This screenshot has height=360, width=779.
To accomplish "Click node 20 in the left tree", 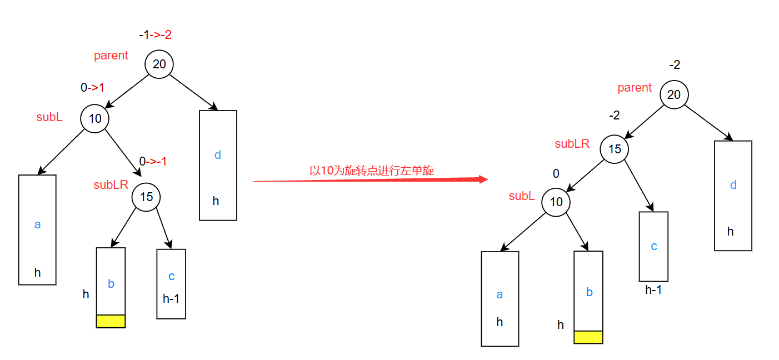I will pos(159,64).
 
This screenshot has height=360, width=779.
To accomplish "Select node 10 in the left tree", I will pos(95,118).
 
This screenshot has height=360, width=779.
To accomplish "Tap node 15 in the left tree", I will pos(146,197).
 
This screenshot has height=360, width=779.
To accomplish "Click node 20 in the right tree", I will pos(674,94).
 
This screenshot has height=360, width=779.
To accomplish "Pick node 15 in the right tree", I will pos(614,149).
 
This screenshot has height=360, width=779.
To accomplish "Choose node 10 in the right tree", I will pos(556,202).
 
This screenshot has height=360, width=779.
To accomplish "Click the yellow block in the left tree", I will pos(111,321).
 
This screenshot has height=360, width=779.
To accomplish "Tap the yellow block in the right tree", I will pos(588,337).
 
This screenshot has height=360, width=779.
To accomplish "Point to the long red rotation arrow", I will pos(370,180).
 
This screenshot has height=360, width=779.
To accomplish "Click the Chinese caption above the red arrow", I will pos(372,171).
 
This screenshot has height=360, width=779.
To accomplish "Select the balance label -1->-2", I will pos(155,35).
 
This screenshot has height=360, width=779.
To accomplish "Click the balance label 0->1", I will pos(92,87).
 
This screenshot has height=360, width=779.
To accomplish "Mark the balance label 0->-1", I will pos(153,162).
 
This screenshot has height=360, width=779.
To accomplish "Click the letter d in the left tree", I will pos(218,155).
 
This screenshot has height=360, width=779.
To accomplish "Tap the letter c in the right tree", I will pos(654,246).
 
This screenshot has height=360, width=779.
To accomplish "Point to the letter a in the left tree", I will pos(37,225).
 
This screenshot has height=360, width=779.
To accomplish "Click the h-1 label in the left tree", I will pos(171,299).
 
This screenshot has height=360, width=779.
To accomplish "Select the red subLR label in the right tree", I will pos(572,144).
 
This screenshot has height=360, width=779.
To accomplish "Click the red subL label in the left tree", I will pos(49,117).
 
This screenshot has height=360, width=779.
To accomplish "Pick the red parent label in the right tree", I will pos(635,88).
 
